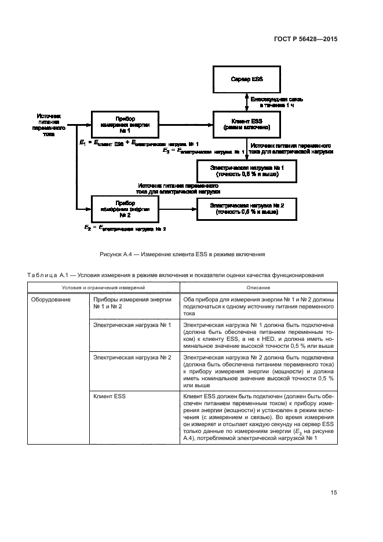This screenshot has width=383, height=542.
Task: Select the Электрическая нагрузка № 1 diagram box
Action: pyautogui.click(x=247, y=170)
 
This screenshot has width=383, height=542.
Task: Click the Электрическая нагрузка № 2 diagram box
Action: pyautogui.click(x=247, y=208)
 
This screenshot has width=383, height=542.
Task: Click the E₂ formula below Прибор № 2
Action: pyautogui.click(x=124, y=228)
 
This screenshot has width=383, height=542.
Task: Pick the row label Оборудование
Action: pyautogui.click(x=52, y=299)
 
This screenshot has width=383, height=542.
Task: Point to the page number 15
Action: pyautogui.click(x=334, y=493)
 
